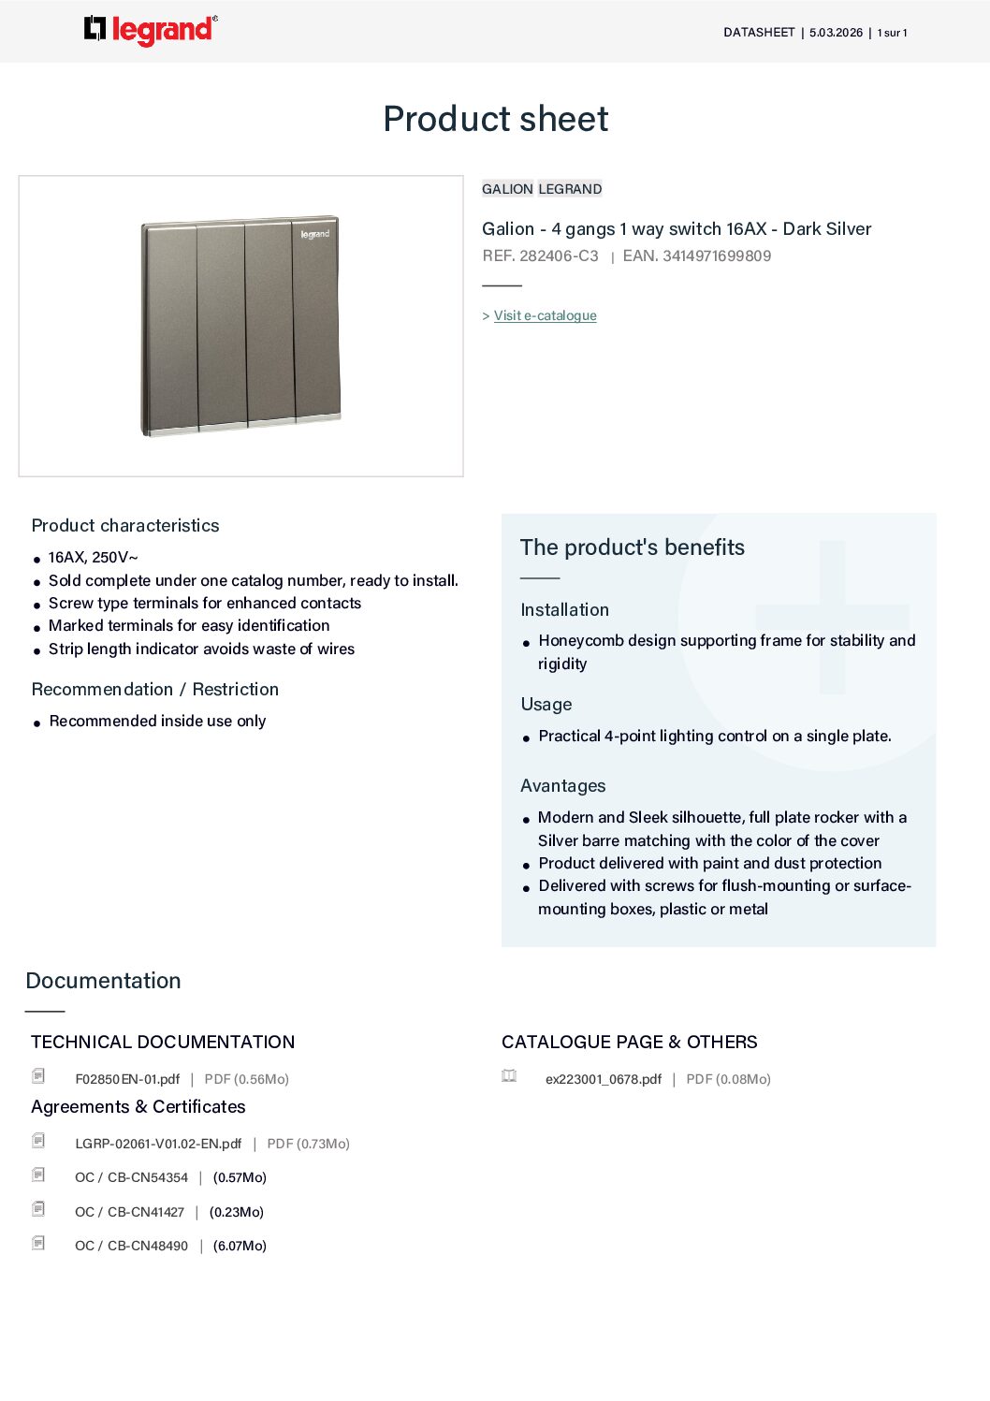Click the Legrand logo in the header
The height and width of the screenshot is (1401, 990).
[x=151, y=30]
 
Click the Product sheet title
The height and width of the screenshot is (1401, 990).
[x=495, y=119]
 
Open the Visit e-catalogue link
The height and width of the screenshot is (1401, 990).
[x=545, y=315]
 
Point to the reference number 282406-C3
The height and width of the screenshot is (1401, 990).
[x=559, y=255]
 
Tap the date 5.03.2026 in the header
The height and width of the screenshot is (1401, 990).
[x=836, y=33]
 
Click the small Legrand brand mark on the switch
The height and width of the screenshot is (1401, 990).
[x=315, y=234]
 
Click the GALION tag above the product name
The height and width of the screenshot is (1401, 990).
[x=507, y=189]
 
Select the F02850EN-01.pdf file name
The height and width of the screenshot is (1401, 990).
[x=127, y=1079]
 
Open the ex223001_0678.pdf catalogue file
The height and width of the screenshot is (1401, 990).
[x=603, y=1079]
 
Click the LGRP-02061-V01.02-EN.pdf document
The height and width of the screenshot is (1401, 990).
[x=158, y=1144]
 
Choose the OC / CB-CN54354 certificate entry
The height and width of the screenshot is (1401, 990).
[x=131, y=1177]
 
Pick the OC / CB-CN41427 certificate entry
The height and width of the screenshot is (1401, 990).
[x=129, y=1212]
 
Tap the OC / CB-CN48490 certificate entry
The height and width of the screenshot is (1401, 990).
[x=131, y=1246]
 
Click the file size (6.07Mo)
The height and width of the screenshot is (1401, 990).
[x=240, y=1246]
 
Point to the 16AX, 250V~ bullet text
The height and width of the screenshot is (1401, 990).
[x=93, y=557]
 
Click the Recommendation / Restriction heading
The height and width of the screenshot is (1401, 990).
[x=155, y=689]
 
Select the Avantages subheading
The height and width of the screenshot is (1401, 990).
[x=562, y=785]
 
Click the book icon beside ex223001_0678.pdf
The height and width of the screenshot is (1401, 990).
[x=509, y=1076]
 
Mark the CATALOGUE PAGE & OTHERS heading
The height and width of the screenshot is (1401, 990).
[x=629, y=1042]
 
